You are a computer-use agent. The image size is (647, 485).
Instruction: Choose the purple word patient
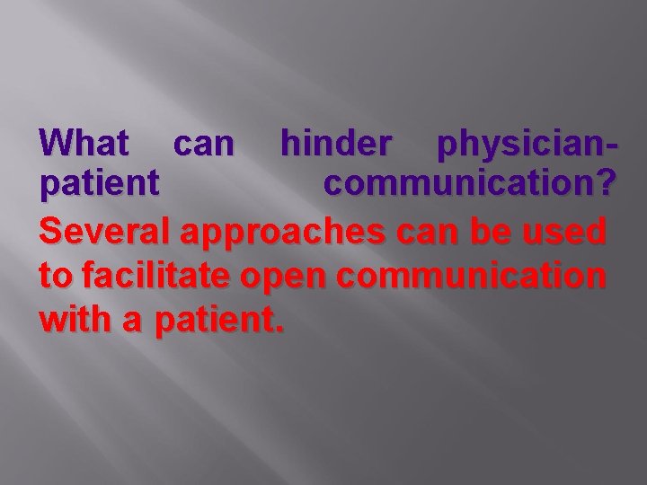[100, 185]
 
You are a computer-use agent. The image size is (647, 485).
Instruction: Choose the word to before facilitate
[56, 276]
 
